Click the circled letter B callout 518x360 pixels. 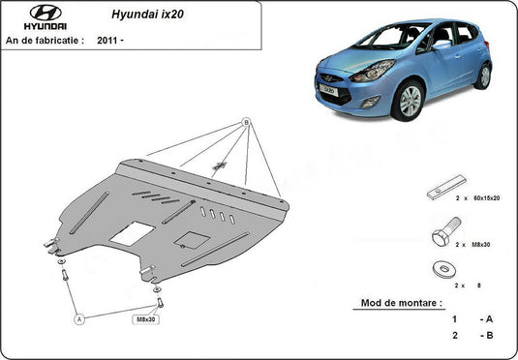click(246, 122)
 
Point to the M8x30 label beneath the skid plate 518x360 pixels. click(145, 315)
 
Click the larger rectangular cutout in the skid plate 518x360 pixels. click(131, 233)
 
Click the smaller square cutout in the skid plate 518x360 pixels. click(195, 239)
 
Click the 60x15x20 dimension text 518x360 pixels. click(486, 197)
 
